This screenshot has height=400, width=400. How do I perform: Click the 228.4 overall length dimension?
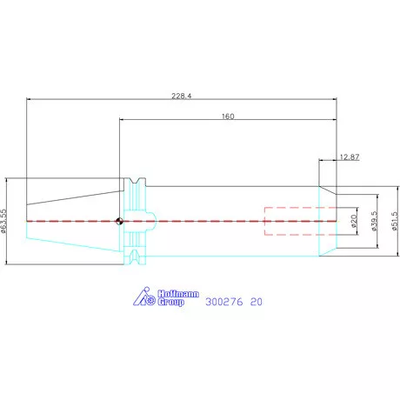[182, 96]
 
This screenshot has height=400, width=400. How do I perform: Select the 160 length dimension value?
[228, 117]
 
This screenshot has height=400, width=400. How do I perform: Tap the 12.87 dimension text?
[350, 157]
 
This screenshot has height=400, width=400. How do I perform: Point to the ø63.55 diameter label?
[3, 221]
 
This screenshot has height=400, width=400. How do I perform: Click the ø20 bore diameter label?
[353, 221]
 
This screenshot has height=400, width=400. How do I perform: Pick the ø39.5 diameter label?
[374, 221]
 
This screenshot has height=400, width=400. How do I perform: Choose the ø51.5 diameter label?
[395, 221]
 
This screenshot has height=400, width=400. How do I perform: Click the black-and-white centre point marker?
[119, 221]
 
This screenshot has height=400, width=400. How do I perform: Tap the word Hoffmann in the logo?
[178, 294]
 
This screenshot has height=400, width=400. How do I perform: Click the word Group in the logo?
[171, 302]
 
